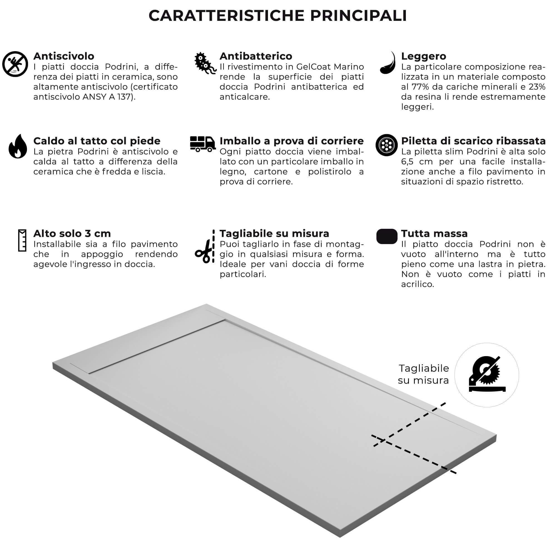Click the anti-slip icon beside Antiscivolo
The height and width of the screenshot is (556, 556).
(15, 64)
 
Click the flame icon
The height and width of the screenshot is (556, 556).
(18, 147)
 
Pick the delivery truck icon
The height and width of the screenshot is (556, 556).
(203, 144)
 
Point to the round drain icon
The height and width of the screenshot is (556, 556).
(386, 145)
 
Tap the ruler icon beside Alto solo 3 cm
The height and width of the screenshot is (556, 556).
(22, 240)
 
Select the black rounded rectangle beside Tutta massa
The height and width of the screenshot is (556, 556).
(387, 237)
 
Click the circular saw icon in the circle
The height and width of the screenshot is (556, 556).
(487, 375)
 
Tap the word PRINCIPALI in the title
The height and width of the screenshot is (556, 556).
(358, 16)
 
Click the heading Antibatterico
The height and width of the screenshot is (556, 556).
(255, 56)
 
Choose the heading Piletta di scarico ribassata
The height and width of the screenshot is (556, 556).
(473, 141)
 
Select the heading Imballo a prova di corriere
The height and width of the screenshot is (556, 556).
(292, 141)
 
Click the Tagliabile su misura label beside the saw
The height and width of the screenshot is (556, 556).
(423, 374)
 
